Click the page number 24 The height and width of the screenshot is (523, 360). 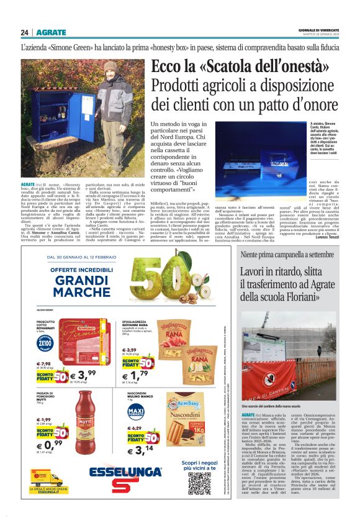tap(24, 33)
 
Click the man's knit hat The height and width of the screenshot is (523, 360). tap(110, 66)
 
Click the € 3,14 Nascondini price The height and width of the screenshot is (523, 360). tap(139, 449)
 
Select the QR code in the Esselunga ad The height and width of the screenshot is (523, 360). tap(199, 483)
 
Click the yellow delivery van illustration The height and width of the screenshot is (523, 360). tap(45, 478)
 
